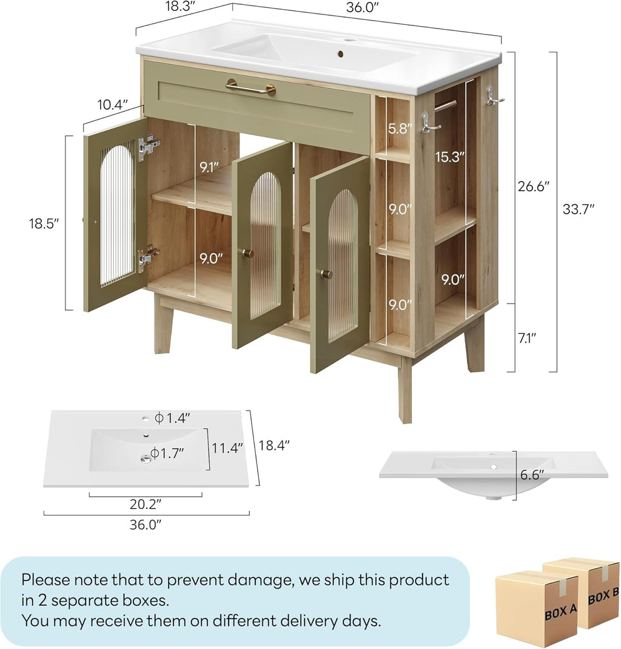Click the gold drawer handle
click(x=250, y=89)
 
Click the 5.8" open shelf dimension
click(x=401, y=129)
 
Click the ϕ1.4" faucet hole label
click(x=173, y=418)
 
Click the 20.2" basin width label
click(x=146, y=503)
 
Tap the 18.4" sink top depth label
click(x=274, y=445)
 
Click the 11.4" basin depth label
click(x=227, y=448)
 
